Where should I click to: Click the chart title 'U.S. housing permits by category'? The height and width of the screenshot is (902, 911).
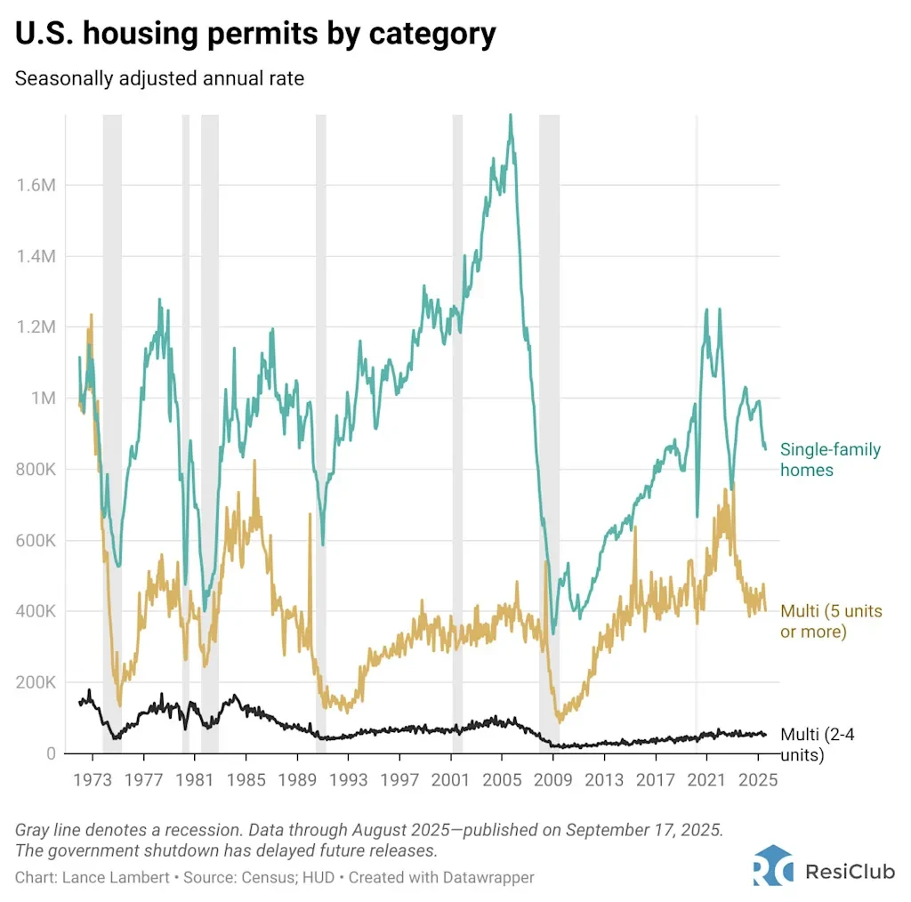[255, 36]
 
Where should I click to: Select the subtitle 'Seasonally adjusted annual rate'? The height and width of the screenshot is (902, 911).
[159, 79]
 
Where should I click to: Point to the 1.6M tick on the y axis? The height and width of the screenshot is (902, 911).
[36, 185]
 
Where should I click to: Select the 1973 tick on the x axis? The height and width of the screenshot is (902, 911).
[91, 780]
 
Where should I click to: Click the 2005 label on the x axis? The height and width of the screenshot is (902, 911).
[501, 780]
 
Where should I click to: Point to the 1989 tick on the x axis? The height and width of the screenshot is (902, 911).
[296, 780]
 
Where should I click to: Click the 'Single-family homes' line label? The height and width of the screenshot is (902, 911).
[830, 460]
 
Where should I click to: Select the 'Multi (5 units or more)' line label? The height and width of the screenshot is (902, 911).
[829, 621]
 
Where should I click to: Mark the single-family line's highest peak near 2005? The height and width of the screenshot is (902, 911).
[510, 116]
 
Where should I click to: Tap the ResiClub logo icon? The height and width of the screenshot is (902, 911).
[772, 868]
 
